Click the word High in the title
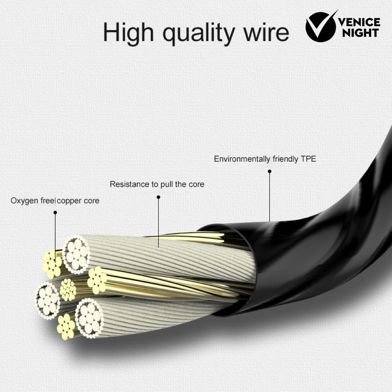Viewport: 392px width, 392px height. click(128, 32)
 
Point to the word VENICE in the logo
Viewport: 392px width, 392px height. click(359, 22)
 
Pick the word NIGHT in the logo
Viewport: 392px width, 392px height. click(361, 33)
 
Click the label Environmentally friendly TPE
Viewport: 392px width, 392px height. click(265, 159)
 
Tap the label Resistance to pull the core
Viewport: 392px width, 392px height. click(157, 184)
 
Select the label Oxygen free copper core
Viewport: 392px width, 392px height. click(55, 201)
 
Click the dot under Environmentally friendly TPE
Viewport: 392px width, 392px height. click(269, 171)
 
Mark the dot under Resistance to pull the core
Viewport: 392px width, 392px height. click(158, 197)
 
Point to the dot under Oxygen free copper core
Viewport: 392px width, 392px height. click(55, 213)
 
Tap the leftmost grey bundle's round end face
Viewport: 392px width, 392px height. click(48, 300)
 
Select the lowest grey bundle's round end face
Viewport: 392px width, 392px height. click(89, 318)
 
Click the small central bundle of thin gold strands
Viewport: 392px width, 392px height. click(68, 290)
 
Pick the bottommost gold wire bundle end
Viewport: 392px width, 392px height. click(66, 327)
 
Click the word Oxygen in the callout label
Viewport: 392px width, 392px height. click(25, 201)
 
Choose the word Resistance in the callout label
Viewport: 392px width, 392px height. click(130, 184)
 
